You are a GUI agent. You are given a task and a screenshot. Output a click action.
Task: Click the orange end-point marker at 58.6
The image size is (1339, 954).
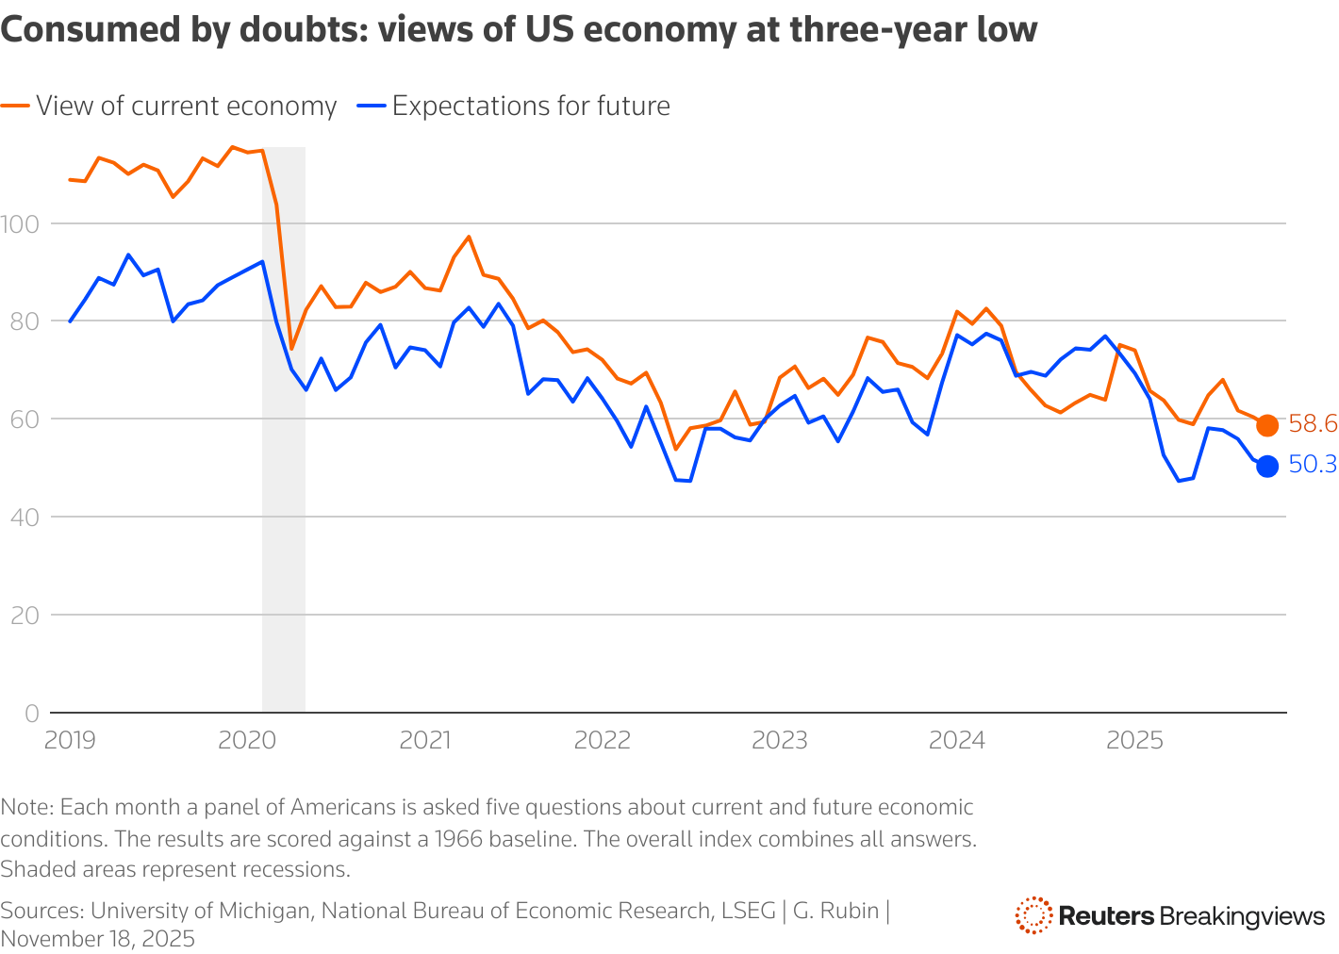click(1267, 425)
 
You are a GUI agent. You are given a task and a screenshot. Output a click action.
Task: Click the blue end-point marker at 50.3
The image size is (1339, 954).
click(1267, 466)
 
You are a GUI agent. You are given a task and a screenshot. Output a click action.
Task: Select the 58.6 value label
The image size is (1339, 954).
click(1312, 424)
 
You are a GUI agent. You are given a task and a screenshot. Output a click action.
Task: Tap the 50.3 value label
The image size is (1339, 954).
click(1312, 465)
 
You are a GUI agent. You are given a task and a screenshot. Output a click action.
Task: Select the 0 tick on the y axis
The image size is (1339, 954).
click(32, 713)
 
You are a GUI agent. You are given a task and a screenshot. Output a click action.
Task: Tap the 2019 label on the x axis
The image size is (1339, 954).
click(70, 740)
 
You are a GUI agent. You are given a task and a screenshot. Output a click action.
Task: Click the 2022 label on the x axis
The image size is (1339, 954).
click(602, 740)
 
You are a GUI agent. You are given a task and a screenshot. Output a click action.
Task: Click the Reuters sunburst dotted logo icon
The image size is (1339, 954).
click(1033, 915)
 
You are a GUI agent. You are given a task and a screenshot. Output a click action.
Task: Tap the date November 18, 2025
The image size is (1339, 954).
click(98, 939)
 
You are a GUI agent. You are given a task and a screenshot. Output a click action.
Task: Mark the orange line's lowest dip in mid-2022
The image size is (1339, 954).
click(675, 449)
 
